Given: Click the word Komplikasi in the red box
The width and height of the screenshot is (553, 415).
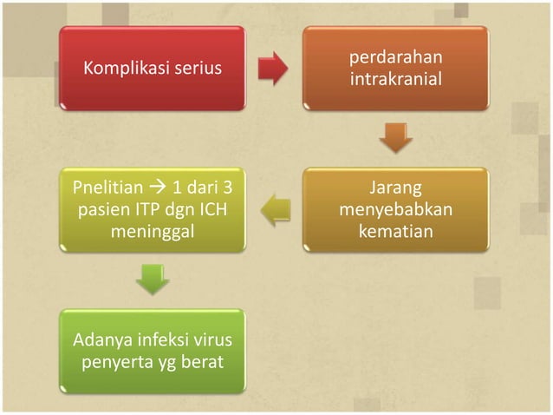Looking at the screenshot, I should click(119, 69).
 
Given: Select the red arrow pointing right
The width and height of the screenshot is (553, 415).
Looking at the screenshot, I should click(275, 69).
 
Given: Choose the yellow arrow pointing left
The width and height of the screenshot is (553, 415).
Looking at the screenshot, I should click(276, 210).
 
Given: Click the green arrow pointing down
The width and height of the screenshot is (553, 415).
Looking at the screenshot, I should click(153, 279).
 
